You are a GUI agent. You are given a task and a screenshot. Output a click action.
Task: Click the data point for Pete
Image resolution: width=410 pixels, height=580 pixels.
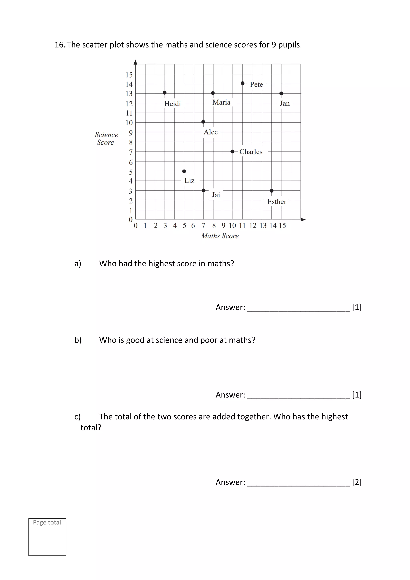242,83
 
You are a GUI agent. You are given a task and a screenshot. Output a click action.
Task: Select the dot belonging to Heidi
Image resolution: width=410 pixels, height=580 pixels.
165,93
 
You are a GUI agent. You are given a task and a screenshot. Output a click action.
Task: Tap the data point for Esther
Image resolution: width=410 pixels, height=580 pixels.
272,191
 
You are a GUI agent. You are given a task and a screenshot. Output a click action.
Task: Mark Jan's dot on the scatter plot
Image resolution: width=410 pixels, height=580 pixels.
281,93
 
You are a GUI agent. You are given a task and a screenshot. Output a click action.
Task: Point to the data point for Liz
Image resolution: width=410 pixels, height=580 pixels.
184,171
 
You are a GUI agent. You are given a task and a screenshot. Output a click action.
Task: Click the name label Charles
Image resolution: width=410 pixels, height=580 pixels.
251,152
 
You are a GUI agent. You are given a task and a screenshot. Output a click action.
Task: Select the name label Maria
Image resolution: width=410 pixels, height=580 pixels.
221,102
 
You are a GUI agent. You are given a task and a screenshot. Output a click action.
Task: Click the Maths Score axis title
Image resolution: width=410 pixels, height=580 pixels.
220,236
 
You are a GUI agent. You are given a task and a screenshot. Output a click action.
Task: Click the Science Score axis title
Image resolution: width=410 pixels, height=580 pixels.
106,138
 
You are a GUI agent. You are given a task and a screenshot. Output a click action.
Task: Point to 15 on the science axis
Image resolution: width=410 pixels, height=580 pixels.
129,75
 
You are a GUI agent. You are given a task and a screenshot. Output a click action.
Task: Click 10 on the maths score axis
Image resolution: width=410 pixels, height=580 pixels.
232,225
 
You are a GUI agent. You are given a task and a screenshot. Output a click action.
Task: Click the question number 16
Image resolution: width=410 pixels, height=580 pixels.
60,45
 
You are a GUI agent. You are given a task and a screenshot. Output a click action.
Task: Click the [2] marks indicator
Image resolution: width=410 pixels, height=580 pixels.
357,482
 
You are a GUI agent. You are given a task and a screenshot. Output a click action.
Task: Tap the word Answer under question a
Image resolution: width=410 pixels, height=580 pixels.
230,307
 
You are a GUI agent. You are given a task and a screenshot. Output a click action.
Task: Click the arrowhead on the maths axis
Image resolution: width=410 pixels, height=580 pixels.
303,219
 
